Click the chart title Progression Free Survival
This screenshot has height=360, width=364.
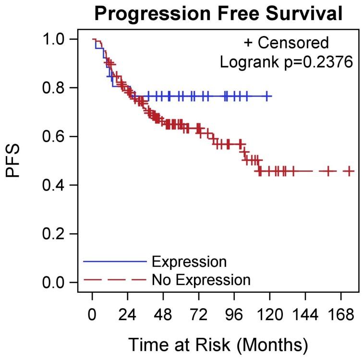tap(218, 13)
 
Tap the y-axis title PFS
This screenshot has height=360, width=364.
tap(14, 161)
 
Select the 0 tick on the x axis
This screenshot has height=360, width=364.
tap(92, 315)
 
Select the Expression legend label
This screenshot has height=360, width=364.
tap(189, 262)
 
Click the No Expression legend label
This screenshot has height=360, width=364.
tap(201, 279)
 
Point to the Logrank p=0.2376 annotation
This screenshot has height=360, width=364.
tap(287, 61)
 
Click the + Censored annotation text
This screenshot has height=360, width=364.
tap(286, 43)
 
